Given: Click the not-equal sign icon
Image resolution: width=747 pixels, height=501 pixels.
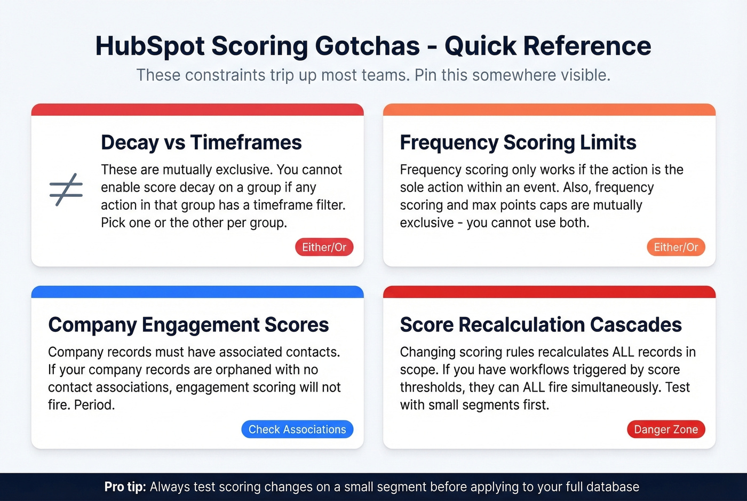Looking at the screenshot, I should [x=66, y=190].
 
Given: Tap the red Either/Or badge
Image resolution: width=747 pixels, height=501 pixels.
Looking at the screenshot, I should [x=324, y=247].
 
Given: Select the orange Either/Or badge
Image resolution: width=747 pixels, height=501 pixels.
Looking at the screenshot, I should [x=676, y=247].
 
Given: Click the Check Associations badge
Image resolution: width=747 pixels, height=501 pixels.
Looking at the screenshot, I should [x=297, y=430].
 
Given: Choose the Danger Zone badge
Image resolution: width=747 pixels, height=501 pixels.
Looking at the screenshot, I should [x=665, y=430].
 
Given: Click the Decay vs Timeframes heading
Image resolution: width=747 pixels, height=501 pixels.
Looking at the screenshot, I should [x=201, y=142].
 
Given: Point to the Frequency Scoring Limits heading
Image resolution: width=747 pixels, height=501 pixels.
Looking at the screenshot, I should [x=518, y=142].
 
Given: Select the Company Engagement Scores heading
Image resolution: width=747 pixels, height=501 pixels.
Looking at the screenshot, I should [x=188, y=324].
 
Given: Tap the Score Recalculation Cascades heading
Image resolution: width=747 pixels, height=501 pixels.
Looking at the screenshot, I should [x=541, y=324].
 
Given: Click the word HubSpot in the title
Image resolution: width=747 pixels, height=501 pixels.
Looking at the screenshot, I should [x=150, y=46].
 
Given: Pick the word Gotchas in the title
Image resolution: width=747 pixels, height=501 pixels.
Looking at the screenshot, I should [x=367, y=46].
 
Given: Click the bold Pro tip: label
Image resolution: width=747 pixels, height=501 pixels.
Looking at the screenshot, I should [x=125, y=487].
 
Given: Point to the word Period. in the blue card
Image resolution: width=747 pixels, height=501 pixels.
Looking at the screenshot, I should [x=94, y=404].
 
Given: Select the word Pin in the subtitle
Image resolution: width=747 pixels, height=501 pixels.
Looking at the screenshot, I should [x=425, y=75].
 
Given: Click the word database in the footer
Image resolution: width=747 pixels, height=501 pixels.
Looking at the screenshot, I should [x=612, y=487].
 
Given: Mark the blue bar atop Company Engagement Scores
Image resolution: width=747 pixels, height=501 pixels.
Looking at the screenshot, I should [x=197, y=292].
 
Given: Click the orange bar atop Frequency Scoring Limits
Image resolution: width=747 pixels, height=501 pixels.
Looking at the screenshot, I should [x=549, y=110].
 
